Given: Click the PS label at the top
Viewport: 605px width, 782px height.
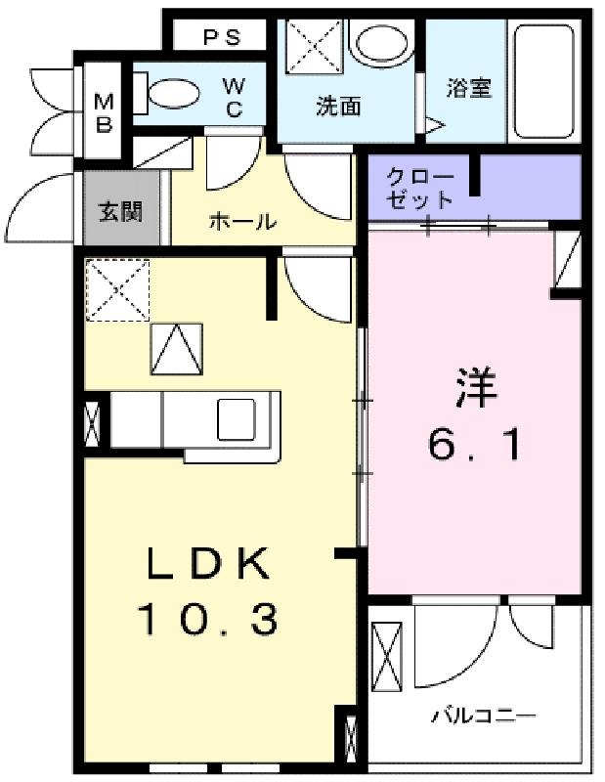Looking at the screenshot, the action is click(222, 37).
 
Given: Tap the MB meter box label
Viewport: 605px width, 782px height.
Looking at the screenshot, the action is click(104, 112).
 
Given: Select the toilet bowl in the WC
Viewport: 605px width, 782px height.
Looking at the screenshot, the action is click(174, 93).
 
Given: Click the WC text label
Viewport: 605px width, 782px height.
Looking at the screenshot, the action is click(234, 97).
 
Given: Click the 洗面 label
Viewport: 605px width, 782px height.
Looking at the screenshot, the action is click(338, 106).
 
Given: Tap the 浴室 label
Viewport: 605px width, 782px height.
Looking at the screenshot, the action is click(469, 88).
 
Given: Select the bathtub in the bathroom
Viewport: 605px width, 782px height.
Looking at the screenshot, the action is click(544, 81).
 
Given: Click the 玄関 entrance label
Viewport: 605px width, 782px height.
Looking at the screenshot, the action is click(120, 211).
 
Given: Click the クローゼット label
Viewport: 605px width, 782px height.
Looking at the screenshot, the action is click(420, 188).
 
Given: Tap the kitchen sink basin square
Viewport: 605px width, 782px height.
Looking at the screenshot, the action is click(236, 420).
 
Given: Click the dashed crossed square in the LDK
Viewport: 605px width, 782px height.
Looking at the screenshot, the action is click(117, 289).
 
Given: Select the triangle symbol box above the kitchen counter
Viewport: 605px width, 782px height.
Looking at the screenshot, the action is click(177, 349).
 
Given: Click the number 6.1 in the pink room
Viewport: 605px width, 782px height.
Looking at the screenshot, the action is click(475, 446).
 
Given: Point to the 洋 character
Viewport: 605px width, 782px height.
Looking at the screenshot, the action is click(476, 387).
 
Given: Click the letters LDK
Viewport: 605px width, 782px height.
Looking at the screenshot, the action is click(208, 563).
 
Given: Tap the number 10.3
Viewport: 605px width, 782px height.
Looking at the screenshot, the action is click(207, 619).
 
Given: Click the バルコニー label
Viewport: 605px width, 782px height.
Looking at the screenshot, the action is click(483, 717).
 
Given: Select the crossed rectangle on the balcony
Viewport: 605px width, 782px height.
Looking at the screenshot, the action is click(387, 656).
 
